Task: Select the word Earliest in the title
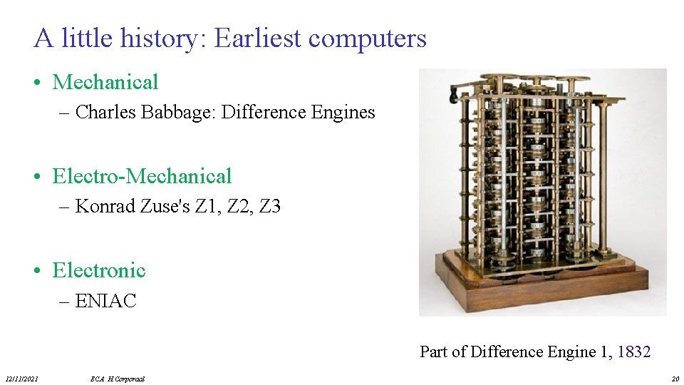[x=258, y=38]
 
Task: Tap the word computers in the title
[x=368, y=38]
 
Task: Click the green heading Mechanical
[x=105, y=82]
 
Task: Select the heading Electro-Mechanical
[x=142, y=176]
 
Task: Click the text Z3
[x=270, y=207]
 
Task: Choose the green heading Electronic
[x=99, y=270]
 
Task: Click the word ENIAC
[x=105, y=301]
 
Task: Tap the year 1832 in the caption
[x=633, y=351]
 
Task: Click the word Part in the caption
[x=433, y=351]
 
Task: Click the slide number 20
[x=675, y=379]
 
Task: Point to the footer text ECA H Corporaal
[x=118, y=379]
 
